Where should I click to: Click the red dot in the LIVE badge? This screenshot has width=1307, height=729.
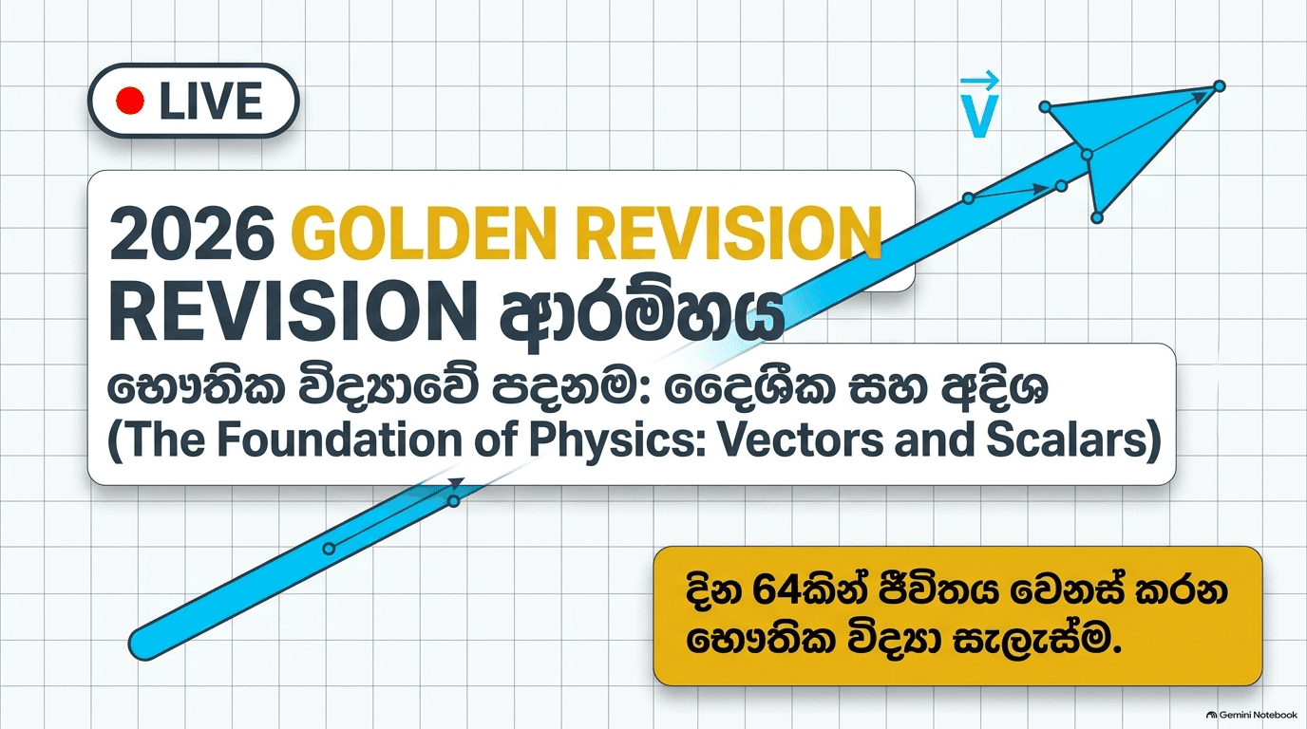pos(129,101)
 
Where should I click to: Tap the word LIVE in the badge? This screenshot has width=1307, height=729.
pos(211,101)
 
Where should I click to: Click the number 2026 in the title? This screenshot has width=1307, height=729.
pos(192,234)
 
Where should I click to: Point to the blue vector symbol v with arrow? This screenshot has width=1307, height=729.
pos(978,104)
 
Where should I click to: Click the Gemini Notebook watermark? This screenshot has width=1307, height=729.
pos(1251,715)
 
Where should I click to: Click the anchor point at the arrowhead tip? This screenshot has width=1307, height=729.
pos(1219,86)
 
